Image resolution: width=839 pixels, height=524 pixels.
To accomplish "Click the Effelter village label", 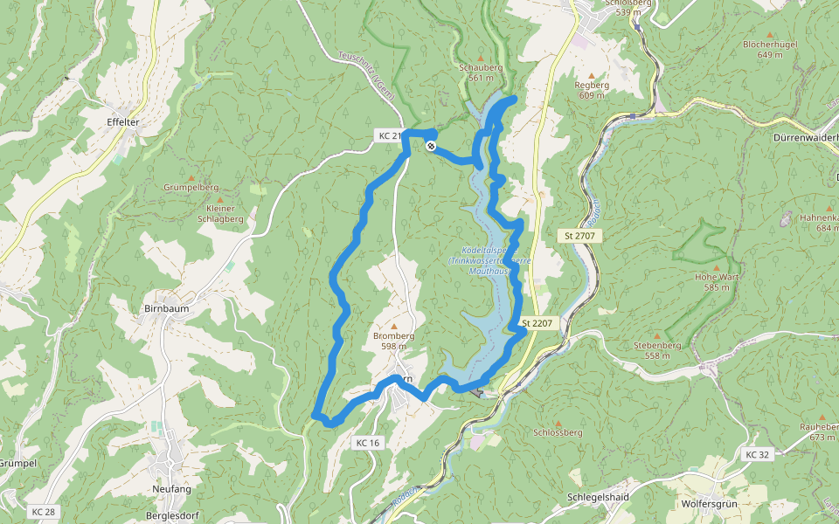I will (x=121, y=122).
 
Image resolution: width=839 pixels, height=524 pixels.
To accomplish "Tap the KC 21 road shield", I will (x=389, y=135).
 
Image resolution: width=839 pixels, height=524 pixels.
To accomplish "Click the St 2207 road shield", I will (x=537, y=323).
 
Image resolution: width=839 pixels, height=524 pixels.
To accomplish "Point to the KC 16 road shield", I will (x=368, y=443).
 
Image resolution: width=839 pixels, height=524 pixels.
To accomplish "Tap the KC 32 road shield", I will (x=758, y=454).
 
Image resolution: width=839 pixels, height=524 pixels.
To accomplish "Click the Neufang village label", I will (x=170, y=489).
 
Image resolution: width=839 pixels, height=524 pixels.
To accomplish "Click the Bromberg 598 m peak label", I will (x=393, y=340).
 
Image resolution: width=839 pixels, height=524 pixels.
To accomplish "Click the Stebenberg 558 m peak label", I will (x=657, y=350).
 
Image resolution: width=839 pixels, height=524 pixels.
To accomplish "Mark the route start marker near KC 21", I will (x=431, y=146).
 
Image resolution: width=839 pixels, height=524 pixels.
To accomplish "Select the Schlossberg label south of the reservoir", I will (x=557, y=432).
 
